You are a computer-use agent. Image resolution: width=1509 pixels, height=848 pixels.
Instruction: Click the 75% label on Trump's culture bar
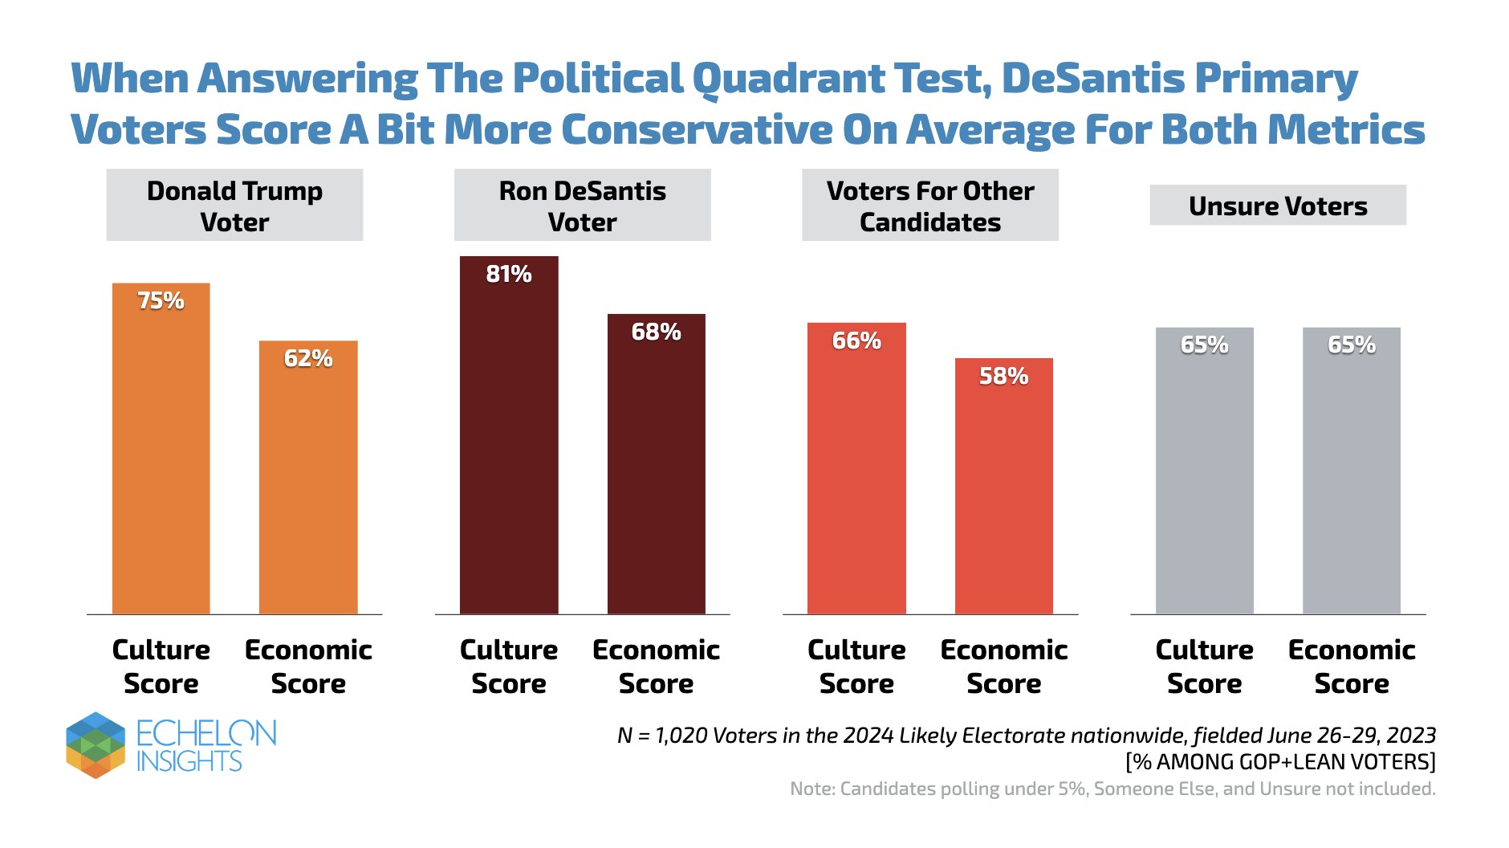161,300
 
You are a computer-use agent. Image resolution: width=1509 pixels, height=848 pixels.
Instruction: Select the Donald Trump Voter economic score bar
308,482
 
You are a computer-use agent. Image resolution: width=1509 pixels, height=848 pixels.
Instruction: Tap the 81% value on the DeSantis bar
508,274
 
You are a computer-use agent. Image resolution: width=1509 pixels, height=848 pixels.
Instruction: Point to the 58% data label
1003,376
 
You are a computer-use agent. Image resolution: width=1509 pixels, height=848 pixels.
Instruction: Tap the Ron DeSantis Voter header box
582,205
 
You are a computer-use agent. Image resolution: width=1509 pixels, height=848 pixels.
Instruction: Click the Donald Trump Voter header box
234,205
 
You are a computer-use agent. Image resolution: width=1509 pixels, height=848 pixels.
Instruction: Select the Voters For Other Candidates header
929,205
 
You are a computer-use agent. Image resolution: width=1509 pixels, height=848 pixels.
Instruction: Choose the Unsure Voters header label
1278,206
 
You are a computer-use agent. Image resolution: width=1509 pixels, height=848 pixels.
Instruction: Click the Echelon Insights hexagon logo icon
96,745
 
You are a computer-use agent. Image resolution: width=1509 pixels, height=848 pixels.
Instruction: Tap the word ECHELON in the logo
206,732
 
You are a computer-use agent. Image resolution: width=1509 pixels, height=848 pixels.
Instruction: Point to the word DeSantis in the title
1092,79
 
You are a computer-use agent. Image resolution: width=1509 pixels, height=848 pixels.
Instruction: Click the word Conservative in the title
697,130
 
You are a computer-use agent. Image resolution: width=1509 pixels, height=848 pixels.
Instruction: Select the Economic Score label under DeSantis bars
656,666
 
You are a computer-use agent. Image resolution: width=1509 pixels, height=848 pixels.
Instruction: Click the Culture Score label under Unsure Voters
1204,666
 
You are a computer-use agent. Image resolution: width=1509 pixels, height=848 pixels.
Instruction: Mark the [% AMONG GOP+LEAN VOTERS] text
1280,761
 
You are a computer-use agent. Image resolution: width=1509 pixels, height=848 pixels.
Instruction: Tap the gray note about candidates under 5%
1112,789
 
